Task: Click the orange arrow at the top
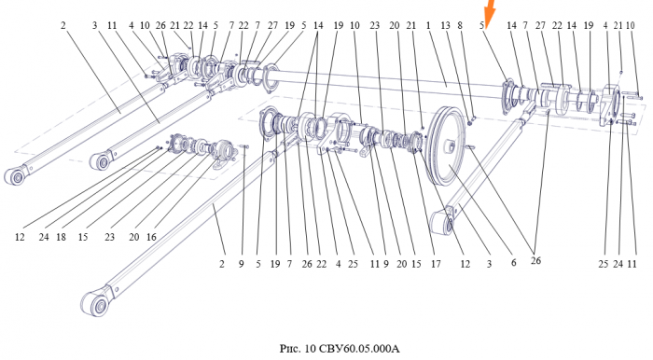tap(490, 11)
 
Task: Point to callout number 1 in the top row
tap(428, 26)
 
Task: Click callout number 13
tap(445, 26)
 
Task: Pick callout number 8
tap(460, 26)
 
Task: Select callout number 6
tap(513, 263)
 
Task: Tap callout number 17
tap(436, 264)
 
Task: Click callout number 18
tap(62, 237)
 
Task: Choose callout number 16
tap(151, 237)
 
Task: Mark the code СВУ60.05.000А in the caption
tap(359, 348)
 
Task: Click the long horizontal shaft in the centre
tap(387, 83)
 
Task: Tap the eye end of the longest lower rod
tap(96, 304)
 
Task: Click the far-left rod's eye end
tap(16, 176)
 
